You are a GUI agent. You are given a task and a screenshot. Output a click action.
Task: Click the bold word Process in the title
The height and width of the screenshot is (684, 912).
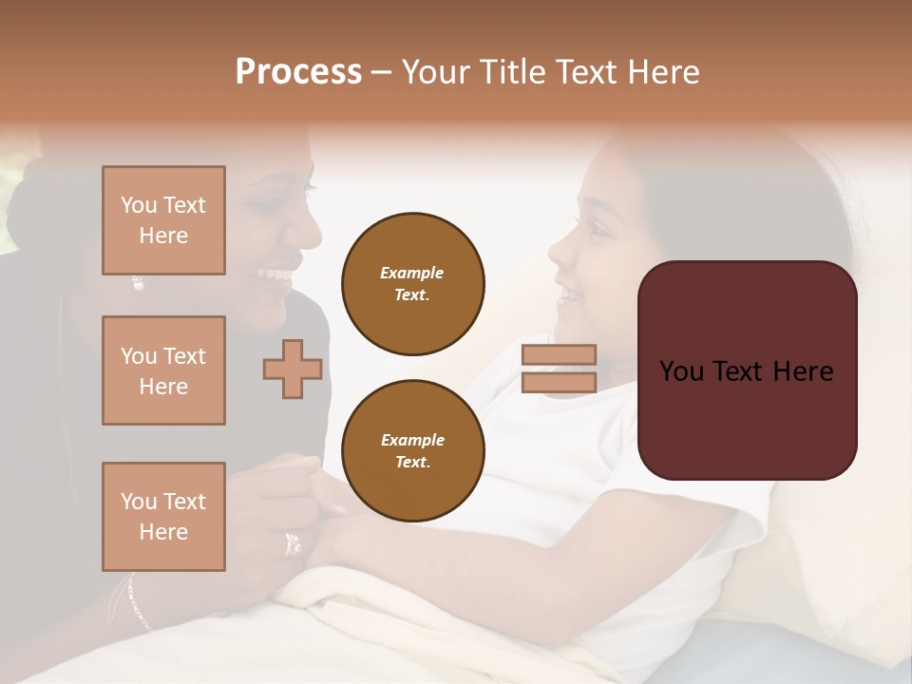(x=298, y=72)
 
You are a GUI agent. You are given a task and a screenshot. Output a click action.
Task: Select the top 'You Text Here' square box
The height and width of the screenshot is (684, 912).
(x=163, y=220)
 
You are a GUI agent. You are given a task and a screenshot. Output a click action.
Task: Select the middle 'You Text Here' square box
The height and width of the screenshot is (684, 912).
(x=163, y=370)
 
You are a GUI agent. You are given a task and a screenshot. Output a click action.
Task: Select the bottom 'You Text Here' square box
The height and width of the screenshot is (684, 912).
(x=163, y=517)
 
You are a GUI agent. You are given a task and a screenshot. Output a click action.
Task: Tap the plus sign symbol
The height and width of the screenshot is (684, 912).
(x=293, y=369)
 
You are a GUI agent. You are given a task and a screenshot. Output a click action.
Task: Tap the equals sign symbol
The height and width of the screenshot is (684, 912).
(x=559, y=369)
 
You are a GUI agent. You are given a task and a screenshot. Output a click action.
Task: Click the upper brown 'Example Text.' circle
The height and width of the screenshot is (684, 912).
(x=412, y=284)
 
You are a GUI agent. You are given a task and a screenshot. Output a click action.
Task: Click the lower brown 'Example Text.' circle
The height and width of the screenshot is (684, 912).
(x=412, y=451)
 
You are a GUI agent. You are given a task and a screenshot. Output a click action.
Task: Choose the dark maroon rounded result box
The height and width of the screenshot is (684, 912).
(x=747, y=370)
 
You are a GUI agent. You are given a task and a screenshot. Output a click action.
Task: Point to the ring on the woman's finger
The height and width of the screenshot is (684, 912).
(x=293, y=543)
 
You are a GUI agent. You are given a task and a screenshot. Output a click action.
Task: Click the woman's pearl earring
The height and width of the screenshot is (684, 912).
(x=137, y=283)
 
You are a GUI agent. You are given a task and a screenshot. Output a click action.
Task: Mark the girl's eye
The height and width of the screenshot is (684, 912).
(x=598, y=227)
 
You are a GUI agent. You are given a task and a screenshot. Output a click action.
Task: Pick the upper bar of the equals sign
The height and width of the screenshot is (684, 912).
(x=559, y=355)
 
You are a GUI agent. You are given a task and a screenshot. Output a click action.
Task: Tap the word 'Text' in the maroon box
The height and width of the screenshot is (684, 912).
(x=745, y=370)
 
